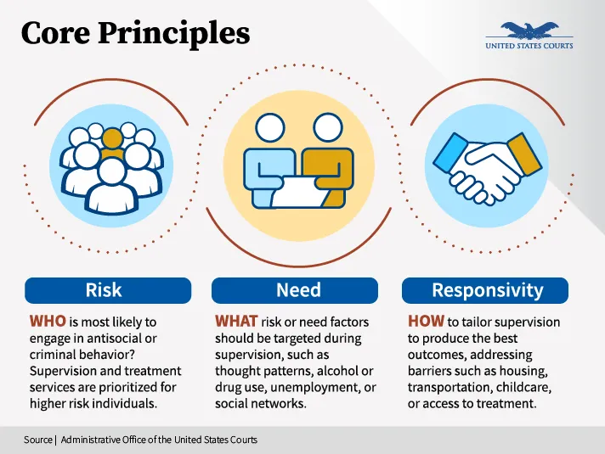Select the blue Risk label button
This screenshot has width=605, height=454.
(104, 290)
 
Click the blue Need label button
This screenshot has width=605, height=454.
(298, 290)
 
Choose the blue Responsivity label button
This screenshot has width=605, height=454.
(487, 290)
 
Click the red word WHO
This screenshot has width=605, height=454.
(48, 322)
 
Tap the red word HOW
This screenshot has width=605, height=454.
(426, 322)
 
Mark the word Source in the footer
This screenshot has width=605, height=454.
(38, 440)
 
